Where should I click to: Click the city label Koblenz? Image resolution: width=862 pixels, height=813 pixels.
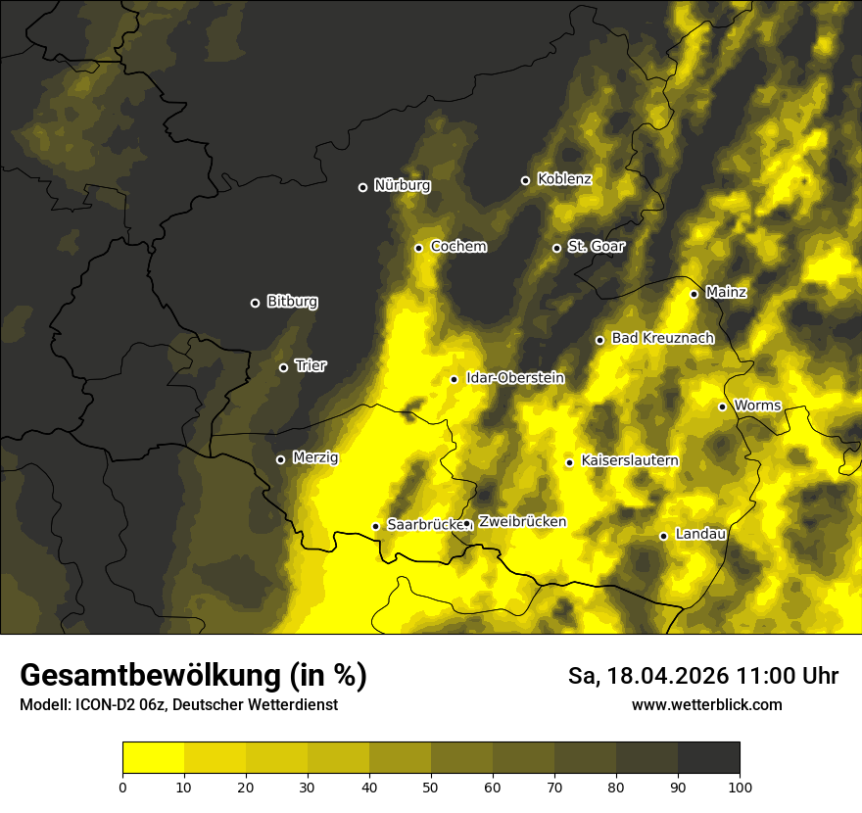pyautogui.click(x=564, y=179)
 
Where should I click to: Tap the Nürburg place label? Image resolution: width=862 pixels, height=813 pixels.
pyautogui.click(x=402, y=185)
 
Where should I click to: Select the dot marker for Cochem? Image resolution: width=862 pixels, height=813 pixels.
pyautogui.click(x=418, y=248)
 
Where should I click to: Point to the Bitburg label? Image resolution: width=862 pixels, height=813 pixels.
pyautogui.click(x=292, y=302)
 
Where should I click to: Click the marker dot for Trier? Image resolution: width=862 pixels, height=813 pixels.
pyautogui.click(x=284, y=367)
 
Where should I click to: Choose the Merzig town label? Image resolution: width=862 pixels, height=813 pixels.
pyautogui.click(x=315, y=457)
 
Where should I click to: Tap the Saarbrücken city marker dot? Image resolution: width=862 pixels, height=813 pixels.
pyautogui.click(x=375, y=526)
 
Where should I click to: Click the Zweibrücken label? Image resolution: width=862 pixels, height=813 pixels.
pyautogui.click(x=522, y=522)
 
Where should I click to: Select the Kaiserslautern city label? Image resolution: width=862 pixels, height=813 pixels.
pyautogui.click(x=630, y=460)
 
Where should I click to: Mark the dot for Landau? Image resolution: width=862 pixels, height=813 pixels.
pyautogui.click(x=663, y=536)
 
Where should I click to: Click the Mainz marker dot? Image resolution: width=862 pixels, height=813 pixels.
pyautogui.click(x=694, y=294)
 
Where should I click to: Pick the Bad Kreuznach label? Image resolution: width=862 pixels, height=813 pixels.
pyautogui.click(x=662, y=338)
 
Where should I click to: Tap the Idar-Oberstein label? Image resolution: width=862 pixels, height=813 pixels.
pyautogui.click(x=515, y=377)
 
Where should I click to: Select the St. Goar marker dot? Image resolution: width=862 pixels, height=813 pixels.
pyautogui.click(x=556, y=248)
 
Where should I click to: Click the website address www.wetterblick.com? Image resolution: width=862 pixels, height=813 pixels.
pyautogui.click(x=706, y=704)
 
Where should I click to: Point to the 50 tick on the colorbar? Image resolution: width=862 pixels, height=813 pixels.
pyautogui.click(x=431, y=787)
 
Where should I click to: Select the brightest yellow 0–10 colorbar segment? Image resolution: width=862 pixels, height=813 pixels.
pyautogui.click(x=153, y=758)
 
